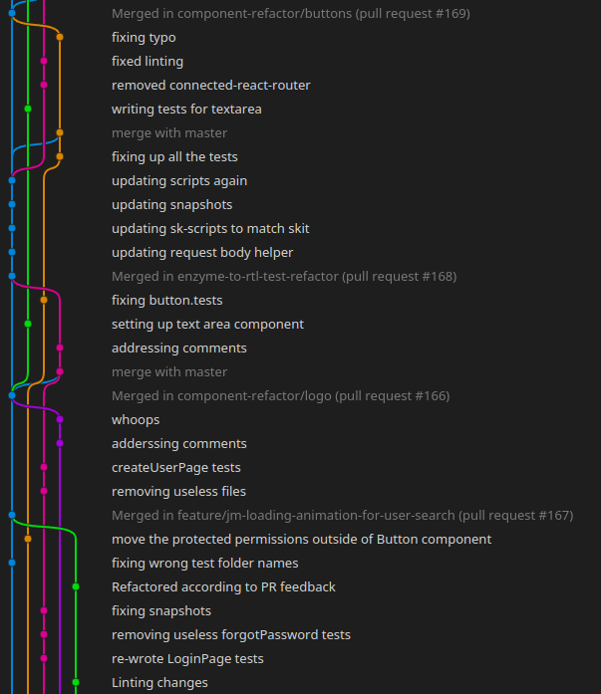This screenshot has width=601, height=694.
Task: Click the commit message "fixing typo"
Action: coord(144,38)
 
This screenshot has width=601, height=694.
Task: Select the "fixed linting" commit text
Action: coord(148,62)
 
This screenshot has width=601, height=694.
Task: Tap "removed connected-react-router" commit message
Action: coord(211,86)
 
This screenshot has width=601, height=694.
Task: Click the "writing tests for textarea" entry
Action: coord(186,110)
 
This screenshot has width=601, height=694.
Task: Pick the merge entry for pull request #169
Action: coord(291,14)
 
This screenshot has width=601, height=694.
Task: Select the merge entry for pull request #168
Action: coord(284,277)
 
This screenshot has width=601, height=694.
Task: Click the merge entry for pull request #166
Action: coord(280,396)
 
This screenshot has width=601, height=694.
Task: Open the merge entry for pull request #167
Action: coord(342,516)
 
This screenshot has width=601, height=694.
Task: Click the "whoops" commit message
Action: coord(136,420)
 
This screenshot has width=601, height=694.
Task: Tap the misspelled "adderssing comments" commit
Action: coord(179,444)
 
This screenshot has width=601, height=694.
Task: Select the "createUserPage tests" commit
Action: coord(176,468)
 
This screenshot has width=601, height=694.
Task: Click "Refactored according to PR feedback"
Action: coord(223,587)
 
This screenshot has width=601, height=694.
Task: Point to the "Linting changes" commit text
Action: coord(159,683)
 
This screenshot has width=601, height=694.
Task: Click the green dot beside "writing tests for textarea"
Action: coord(28,109)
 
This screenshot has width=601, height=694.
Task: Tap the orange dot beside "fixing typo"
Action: coord(60,37)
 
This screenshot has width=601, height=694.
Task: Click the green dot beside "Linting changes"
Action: coord(76,682)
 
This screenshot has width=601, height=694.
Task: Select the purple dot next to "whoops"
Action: coord(60,419)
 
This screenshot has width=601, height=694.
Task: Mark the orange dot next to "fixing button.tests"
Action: coord(44,300)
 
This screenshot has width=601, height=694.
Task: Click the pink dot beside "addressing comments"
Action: coord(60,347)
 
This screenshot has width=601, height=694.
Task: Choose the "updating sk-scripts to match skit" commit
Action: coord(210,229)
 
